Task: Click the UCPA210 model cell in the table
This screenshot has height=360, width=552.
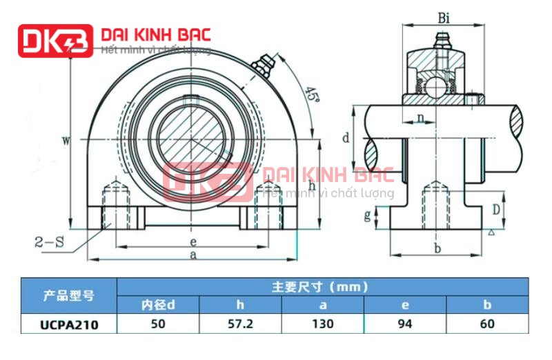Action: click(68, 323)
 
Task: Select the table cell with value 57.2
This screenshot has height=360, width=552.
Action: click(240, 323)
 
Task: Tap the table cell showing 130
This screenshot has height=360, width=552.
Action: click(322, 323)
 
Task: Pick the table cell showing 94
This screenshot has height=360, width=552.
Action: click(405, 323)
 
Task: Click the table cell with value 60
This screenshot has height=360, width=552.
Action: click(487, 323)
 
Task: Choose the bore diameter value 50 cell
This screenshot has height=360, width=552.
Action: click(158, 323)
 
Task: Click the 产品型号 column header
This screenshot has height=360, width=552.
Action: click(68, 295)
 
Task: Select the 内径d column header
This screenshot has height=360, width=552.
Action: click(158, 304)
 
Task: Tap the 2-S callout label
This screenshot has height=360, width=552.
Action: click(50, 241)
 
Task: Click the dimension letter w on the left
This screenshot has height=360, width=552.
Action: click(66, 141)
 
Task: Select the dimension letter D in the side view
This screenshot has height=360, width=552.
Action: click(495, 208)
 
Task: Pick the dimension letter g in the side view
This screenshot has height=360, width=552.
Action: click(366, 216)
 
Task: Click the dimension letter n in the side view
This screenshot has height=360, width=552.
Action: click(420, 118)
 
